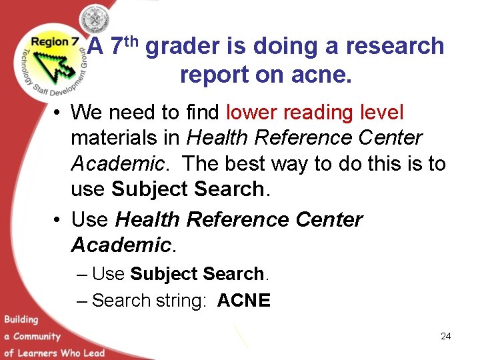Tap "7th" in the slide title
[123, 45]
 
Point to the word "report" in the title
[214, 75]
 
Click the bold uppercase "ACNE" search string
[244, 301]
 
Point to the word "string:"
[182, 301]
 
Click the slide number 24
[445, 337]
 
